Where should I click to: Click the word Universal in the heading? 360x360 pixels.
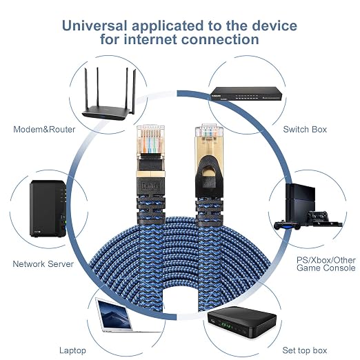pos(94,26)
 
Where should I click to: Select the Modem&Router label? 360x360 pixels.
pos(44,130)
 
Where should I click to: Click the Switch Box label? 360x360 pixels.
pos(305,130)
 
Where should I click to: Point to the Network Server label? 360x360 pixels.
pos(43,264)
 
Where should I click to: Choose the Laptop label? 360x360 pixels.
pos(72,350)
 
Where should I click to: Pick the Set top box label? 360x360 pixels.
pos(305,350)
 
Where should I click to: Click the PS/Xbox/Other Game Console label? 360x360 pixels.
pos(326,264)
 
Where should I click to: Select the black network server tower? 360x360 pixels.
pos(48,209)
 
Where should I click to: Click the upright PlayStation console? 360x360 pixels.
pos(300,203)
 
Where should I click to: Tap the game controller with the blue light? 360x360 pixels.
pos(287,225)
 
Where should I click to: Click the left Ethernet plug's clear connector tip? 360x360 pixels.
pos(150,139)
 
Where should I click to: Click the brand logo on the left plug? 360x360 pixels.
pos(150,186)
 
